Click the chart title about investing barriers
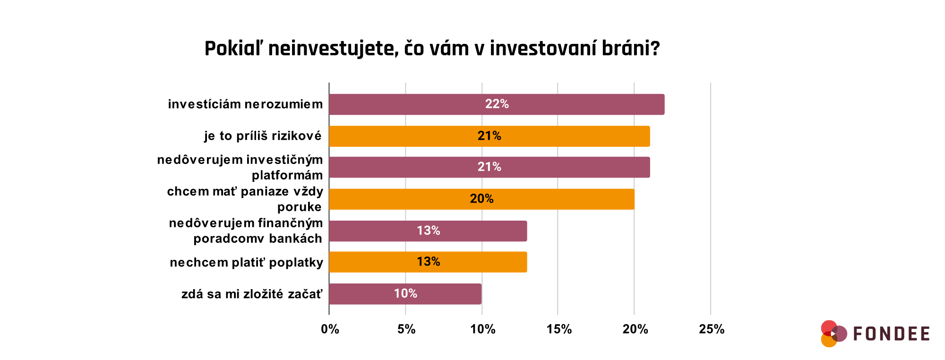pyautogui.click(x=432, y=49)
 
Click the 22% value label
pyautogui.click(x=497, y=104)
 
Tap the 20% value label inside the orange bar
pyautogui.click(x=481, y=199)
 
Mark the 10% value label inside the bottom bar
pyautogui.click(x=405, y=293)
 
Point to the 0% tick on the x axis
pyautogui.click(x=330, y=329)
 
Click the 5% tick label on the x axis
pyautogui.click(x=406, y=329)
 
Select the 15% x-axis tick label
pyautogui.click(x=559, y=329)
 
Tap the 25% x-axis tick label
pyautogui.click(x=712, y=329)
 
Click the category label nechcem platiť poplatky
pyautogui.click(x=246, y=262)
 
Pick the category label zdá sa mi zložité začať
pyautogui.click(x=252, y=294)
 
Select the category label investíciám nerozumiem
pyautogui.click(x=245, y=104)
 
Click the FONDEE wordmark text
pyautogui.click(x=891, y=334)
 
